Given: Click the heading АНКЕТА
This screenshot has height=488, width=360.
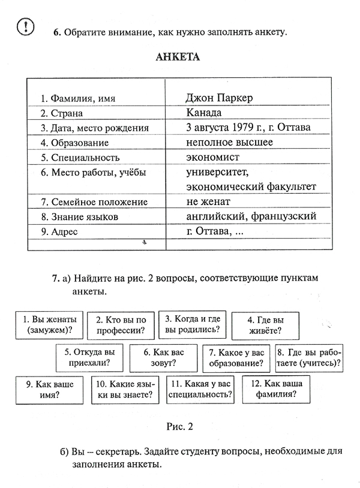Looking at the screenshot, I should pos(178,58).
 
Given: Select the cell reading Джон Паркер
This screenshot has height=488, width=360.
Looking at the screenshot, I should pos(220,98).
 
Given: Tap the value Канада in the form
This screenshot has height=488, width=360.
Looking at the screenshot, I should pos(204,113).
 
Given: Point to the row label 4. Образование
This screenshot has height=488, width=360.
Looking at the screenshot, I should pos(74,143).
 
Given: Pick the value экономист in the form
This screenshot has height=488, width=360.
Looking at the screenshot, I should pos(213,158).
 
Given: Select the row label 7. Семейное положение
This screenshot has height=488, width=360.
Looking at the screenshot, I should pos(94,202).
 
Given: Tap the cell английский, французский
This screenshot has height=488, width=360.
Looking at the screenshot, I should pos(251,216).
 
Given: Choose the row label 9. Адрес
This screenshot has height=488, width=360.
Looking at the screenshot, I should pos(59,231).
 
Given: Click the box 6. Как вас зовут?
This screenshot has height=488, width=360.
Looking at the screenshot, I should pos(163,357).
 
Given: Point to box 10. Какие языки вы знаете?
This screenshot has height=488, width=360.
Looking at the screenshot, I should pos(125,390).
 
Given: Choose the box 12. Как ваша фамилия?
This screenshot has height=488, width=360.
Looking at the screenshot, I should pos(275,390).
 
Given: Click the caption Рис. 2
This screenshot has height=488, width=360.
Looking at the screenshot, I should pos(180,427).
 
